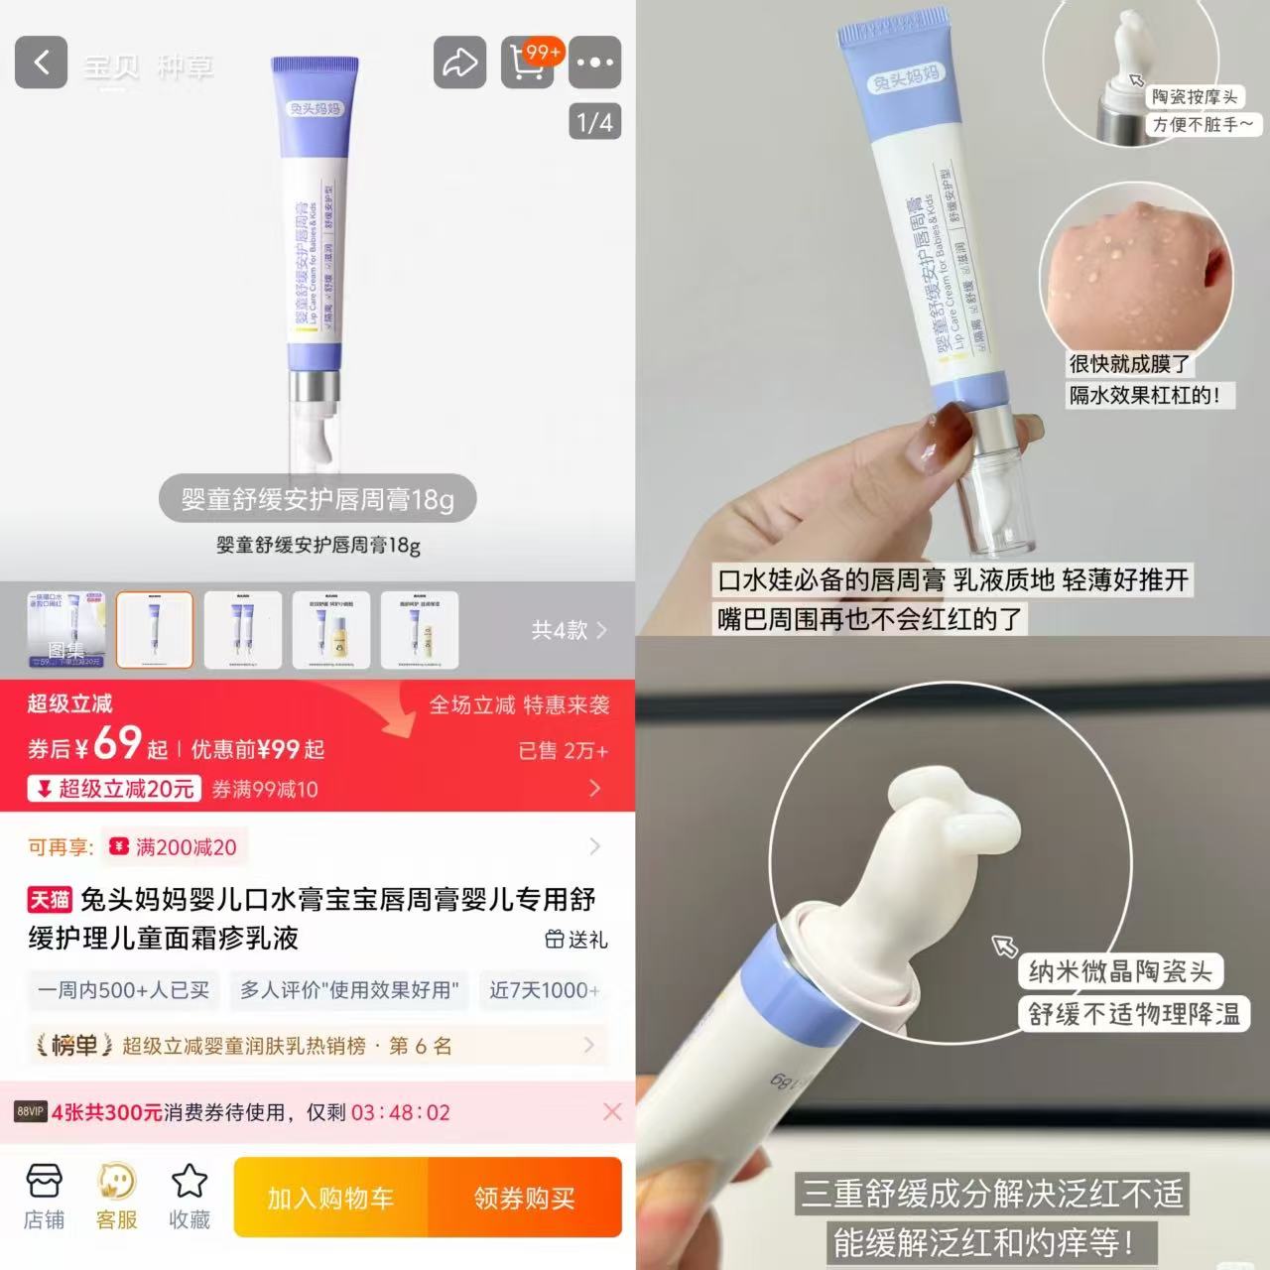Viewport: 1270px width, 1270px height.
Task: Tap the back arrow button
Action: point(41,63)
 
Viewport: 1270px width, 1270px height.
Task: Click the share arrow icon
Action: point(459,63)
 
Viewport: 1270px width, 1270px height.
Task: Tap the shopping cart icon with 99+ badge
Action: point(529,63)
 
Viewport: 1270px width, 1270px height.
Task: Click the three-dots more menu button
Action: point(594,63)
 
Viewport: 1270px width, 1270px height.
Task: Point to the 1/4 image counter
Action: point(594,122)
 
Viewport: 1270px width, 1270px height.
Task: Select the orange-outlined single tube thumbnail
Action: point(155,630)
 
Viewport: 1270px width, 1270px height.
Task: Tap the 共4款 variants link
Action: point(569,630)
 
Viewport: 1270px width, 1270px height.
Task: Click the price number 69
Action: point(117,743)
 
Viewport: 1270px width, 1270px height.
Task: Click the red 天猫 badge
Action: point(50,900)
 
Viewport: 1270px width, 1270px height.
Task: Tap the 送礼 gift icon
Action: point(575,939)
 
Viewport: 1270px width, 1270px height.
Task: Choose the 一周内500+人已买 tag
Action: point(124,990)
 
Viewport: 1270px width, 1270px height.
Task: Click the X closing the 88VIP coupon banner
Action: point(612,1112)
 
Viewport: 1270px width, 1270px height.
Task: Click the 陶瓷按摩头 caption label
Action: point(1195,97)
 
